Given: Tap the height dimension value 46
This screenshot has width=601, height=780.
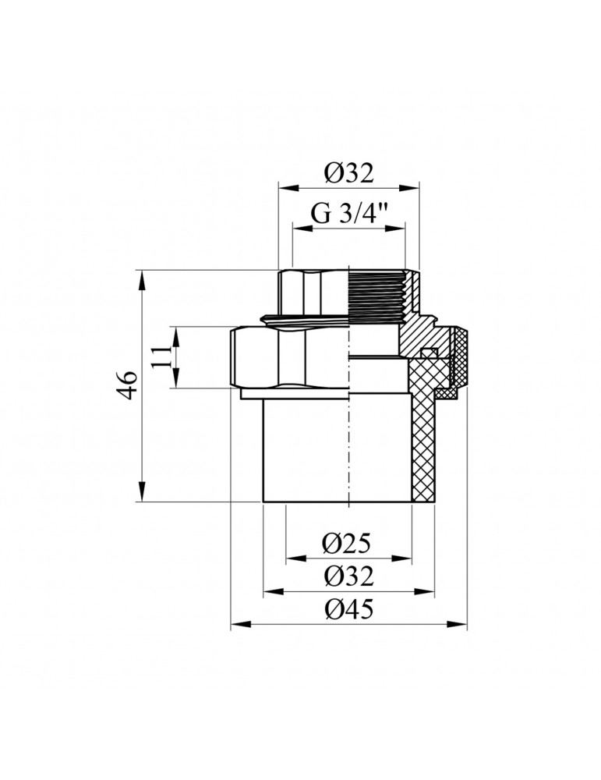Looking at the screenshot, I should [x=129, y=386].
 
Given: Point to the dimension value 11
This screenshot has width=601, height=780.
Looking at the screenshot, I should [x=161, y=357].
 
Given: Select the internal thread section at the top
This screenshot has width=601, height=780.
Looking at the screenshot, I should [x=377, y=296].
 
